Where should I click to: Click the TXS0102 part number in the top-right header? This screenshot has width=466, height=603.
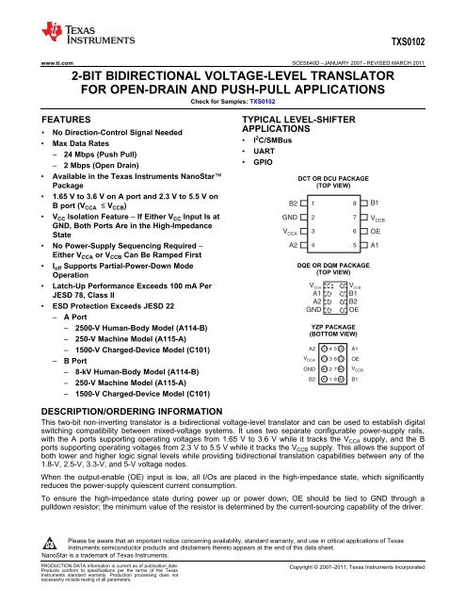pos(434,42)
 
